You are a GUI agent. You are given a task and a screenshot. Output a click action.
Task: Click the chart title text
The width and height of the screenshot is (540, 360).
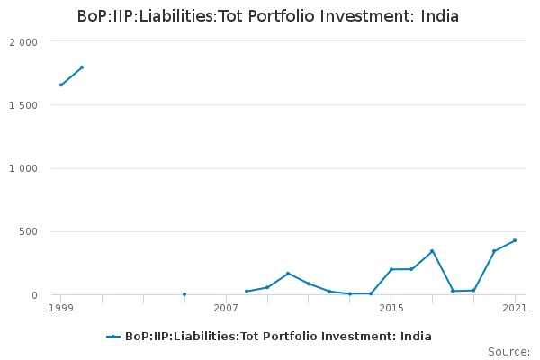point(267,16)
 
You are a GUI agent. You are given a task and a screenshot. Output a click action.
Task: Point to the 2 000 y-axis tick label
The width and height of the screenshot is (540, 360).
point(23,42)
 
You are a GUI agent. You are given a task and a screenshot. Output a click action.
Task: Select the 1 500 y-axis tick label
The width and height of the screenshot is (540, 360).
point(23,105)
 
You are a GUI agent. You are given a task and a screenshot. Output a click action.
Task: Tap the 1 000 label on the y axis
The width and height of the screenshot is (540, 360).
point(23,168)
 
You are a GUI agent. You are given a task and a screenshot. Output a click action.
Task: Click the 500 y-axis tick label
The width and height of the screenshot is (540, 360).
point(29,231)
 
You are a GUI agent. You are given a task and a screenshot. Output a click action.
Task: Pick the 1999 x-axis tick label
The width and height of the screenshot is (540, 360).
point(61,309)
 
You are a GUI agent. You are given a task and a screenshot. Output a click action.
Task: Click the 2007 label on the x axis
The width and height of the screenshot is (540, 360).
point(226,309)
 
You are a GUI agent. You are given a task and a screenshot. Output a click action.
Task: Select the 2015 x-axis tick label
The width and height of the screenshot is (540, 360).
point(391,309)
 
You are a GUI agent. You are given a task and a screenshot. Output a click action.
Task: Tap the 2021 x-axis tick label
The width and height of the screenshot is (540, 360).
point(515,309)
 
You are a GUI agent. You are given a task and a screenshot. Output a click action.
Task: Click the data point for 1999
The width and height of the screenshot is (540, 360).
point(61,85)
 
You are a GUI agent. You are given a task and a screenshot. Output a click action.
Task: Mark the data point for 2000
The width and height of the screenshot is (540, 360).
point(82,67)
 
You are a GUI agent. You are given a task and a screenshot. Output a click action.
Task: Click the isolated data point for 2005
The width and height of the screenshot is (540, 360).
point(184,294)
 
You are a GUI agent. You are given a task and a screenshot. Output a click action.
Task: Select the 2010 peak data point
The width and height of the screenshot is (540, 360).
point(288,273)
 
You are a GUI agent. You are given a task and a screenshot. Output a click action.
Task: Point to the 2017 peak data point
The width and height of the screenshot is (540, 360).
point(432,251)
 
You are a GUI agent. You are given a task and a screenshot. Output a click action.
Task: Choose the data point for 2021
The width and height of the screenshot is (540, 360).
point(515,240)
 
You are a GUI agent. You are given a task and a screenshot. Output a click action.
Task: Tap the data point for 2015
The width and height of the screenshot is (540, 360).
point(391,269)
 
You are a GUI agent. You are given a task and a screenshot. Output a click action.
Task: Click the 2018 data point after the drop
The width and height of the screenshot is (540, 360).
point(453,291)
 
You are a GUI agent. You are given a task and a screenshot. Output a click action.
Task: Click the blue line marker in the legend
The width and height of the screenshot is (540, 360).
point(113,337)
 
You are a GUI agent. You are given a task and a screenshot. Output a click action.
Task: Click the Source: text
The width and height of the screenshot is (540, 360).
point(508,351)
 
